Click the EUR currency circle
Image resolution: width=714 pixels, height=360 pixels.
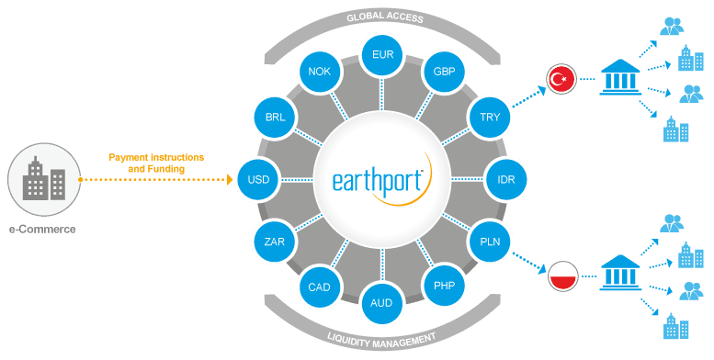click(x=382, y=56)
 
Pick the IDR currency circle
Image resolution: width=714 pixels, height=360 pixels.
click(x=505, y=179)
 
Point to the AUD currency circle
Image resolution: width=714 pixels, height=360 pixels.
click(x=382, y=303)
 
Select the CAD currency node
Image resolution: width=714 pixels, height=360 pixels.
click(x=319, y=287)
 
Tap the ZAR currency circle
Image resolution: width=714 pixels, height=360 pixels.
click(x=274, y=242)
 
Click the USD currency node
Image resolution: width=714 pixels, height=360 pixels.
click(x=257, y=179)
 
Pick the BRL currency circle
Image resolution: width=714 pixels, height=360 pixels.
click(x=274, y=118)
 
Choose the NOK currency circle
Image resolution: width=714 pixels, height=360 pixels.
click(x=319, y=73)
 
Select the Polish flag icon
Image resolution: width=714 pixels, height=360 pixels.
click(x=561, y=274)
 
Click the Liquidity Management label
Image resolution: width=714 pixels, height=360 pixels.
click(x=381, y=341)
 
